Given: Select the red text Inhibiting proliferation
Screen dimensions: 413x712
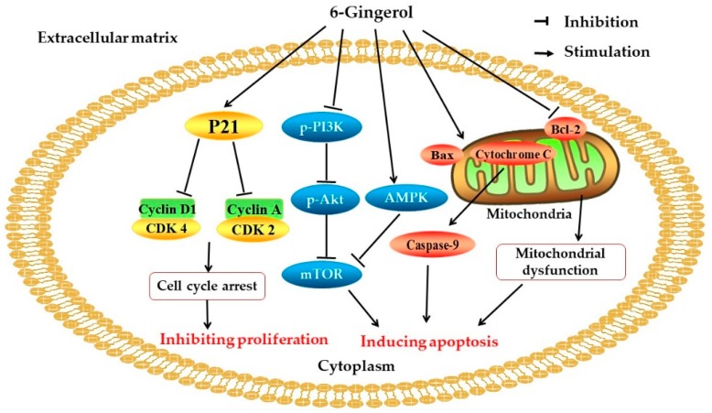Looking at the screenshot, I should [243, 338].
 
